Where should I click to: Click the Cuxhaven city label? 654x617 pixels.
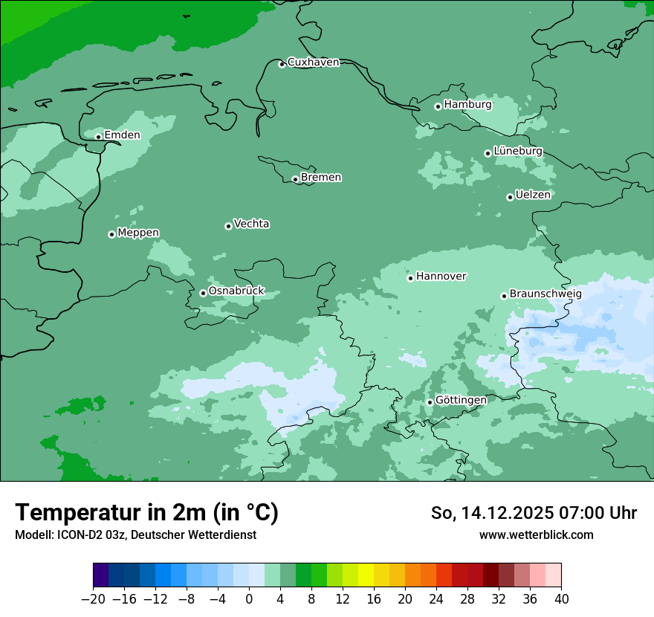(313, 62)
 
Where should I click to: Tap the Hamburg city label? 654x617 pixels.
(467, 105)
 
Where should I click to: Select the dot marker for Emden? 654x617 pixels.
(98, 137)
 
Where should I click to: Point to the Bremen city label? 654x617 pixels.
(321, 178)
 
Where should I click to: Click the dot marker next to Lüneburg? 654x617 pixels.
(488, 153)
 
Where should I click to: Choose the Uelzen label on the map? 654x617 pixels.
(533, 196)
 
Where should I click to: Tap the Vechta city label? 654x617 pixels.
(251, 224)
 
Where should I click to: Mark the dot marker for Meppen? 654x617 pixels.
(111, 234)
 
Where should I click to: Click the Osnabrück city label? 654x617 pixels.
(236, 291)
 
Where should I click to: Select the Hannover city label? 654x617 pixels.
(441, 277)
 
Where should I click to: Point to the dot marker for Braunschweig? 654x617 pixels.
(504, 296)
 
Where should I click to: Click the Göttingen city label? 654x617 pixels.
(461, 401)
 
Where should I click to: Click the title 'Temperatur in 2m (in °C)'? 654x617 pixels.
(146, 513)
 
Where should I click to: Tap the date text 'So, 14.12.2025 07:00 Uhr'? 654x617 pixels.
(534, 513)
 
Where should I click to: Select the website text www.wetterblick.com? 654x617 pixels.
(536, 535)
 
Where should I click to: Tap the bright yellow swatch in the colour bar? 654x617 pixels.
(366, 575)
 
